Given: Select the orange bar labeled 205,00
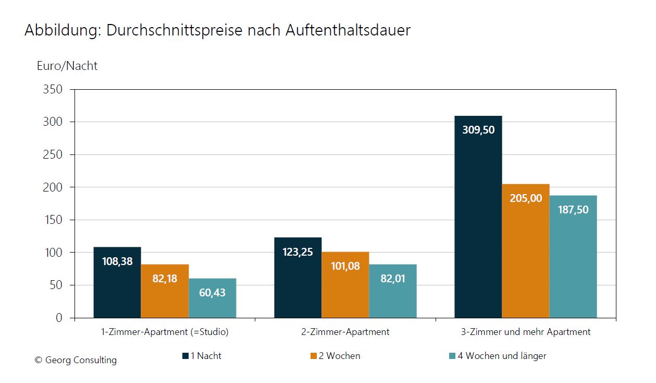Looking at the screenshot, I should (x=525, y=250).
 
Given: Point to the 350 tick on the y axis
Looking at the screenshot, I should (x=53, y=90).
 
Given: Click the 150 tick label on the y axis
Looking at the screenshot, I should (x=53, y=220).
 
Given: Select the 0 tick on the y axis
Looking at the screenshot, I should (x=58, y=318).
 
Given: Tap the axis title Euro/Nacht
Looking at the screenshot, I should (x=67, y=66).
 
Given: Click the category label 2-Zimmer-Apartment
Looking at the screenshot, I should (x=345, y=332).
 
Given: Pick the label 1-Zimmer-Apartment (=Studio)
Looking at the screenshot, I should (x=165, y=332).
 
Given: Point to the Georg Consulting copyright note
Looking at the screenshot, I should (x=76, y=360).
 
